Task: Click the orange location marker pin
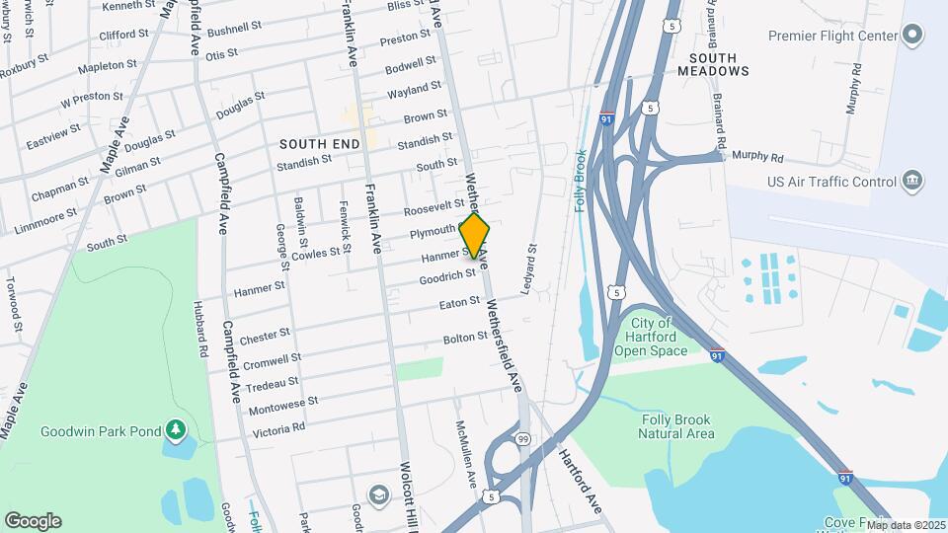[x=475, y=236]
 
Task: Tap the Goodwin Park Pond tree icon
[x=176, y=429]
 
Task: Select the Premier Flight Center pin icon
[x=912, y=36]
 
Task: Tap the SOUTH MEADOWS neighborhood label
[x=713, y=63]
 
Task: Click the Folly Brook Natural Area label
[x=675, y=426]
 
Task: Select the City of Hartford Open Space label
[x=650, y=337]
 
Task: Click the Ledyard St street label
[x=528, y=269]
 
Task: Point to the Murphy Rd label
[x=756, y=157]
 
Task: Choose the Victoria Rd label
[x=278, y=428]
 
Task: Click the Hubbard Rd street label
[x=202, y=331]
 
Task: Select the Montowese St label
[x=284, y=403]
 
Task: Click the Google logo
[x=33, y=521]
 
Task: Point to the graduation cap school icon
[x=378, y=494]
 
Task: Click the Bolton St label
[x=466, y=339]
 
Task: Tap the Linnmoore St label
[x=46, y=220]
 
